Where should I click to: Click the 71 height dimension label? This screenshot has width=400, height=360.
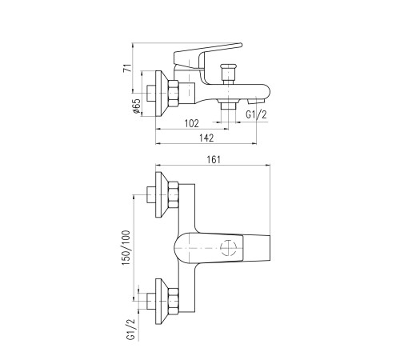tap(127, 68)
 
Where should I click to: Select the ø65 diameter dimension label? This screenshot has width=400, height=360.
tap(136, 106)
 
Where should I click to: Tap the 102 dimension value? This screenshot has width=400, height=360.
tap(192, 123)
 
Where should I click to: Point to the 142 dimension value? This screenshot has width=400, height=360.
tap(206, 138)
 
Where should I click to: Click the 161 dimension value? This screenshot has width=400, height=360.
tap(214, 159)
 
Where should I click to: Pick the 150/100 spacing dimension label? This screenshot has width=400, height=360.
tap(126, 248)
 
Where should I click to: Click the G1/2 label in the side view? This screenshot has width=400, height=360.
tap(256, 115)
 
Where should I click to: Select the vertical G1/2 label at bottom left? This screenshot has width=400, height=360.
tap(132, 330)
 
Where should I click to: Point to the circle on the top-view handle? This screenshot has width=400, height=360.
tap(228, 247)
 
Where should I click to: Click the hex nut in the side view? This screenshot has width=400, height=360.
tap(174, 94)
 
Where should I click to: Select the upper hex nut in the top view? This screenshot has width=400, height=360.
tap(174, 195)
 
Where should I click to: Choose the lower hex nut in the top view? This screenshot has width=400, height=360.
tap(174, 302)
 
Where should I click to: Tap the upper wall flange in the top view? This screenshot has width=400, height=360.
tap(162, 194)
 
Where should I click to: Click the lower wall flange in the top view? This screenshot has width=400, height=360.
tap(162, 302)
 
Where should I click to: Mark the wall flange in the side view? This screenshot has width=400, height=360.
tap(162, 94)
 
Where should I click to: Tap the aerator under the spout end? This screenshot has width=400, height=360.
tap(256, 101)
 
